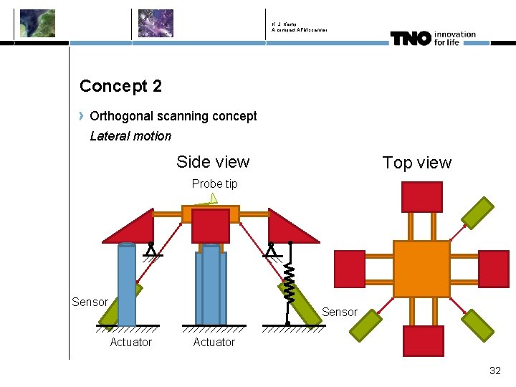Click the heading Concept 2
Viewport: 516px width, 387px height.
coord(120,86)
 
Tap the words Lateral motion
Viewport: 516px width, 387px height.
coord(130,136)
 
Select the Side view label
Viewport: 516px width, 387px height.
coord(213,162)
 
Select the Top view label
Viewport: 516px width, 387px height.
coord(417,163)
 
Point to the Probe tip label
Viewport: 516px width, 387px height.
coord(214,184)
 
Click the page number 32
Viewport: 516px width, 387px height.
coord(494,371)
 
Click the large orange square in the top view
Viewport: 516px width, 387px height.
coord(421,269)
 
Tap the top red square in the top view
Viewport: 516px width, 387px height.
coord(421,197)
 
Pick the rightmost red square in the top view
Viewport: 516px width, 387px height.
coord(493,269)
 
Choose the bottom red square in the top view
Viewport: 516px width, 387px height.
coord(423,341)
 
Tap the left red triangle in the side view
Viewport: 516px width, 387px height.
coord(133,227)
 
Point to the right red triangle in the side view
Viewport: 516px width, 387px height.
coord(288,227)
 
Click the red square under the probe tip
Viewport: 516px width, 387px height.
coord(211,226)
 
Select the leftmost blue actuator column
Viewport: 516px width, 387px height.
coord(127,285)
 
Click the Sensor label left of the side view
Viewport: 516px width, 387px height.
coord(90,302)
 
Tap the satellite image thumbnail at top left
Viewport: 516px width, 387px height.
coord(37,23)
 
